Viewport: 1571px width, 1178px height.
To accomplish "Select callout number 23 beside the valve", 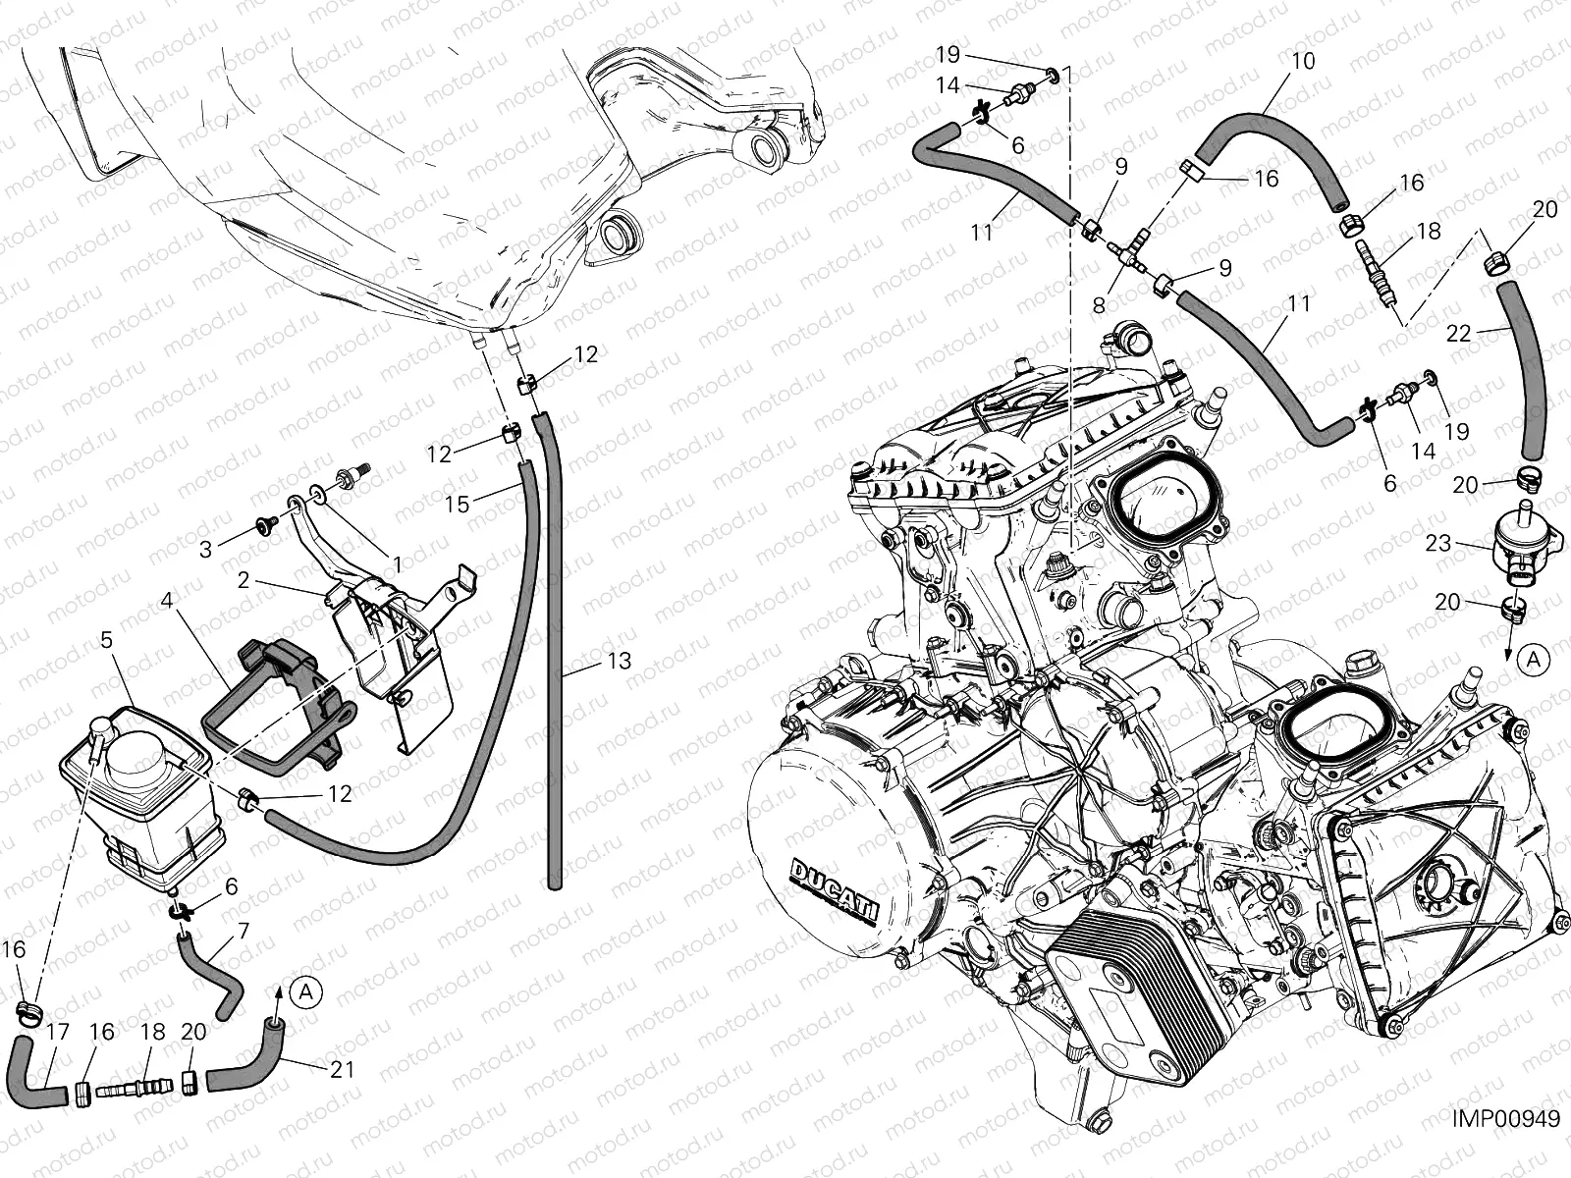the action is (x=1437, y=544).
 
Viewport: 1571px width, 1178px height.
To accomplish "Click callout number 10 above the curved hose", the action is (x=1303, y=62).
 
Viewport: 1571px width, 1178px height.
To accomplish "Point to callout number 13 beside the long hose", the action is (x=620, y=660).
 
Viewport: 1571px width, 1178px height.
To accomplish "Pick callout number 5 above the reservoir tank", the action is (x=107, y=639).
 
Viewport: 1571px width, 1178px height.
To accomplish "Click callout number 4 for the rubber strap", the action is (x=168, y=600).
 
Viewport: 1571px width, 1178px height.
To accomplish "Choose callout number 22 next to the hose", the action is (x=1459, y=334).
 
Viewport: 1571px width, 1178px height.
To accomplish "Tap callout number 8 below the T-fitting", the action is (x=1099, y=305).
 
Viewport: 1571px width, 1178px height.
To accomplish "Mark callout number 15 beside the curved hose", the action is (x=458, y=505).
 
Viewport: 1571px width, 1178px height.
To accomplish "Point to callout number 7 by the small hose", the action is (x=244, y=931).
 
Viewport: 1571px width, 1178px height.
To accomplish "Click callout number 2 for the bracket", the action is (x=244, y=579).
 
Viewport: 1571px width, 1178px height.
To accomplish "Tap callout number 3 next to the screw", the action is (x=205, y=550).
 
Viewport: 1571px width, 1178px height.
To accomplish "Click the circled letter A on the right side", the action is (x=1533, y=660).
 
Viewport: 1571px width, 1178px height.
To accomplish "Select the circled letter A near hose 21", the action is (x=306, y=992).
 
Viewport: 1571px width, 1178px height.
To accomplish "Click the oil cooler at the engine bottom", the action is (x=1115, y=1008).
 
